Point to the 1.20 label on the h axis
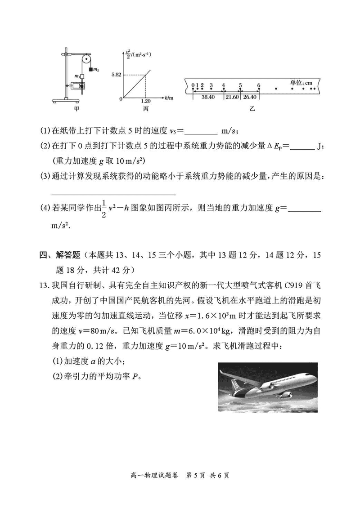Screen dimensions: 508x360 (145, 102)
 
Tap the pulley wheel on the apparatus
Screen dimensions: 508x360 (86, 58)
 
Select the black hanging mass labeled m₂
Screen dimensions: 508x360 (91, 70)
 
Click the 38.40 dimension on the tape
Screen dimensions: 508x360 (208, 97)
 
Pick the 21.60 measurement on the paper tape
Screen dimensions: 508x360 (232, 97)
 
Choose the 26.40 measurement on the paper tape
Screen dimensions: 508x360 (250, 97)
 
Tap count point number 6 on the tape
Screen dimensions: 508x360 (259, 85)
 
